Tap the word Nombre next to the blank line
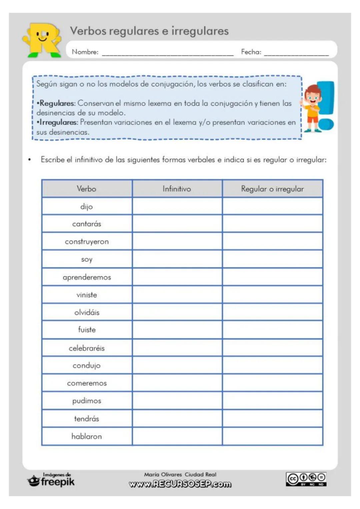click(x=85, y=52)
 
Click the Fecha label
click(x=251, y=52)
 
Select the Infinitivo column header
click(x=177, y=189)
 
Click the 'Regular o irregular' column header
click(x=272, y=189)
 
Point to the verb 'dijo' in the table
click(x=87, y=207)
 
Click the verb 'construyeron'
click(x=87, y=242)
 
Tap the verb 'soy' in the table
click(x=87, y=259)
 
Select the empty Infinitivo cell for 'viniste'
click(x=177, y=294)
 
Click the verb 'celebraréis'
click(x=87, y=348)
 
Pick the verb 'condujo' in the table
click(x=87, y=366)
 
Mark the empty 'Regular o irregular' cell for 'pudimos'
click(x=272, y=401)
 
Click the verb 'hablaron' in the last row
click(x=87, y=436)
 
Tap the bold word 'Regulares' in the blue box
click(x=57, y=103)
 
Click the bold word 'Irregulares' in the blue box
click(x=58, y=122)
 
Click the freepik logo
click(x=51, y=480)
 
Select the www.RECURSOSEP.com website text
click(x=180, y=484)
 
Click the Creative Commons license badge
click(x=306, y=479)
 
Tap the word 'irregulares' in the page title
click(x=200, y=31)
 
